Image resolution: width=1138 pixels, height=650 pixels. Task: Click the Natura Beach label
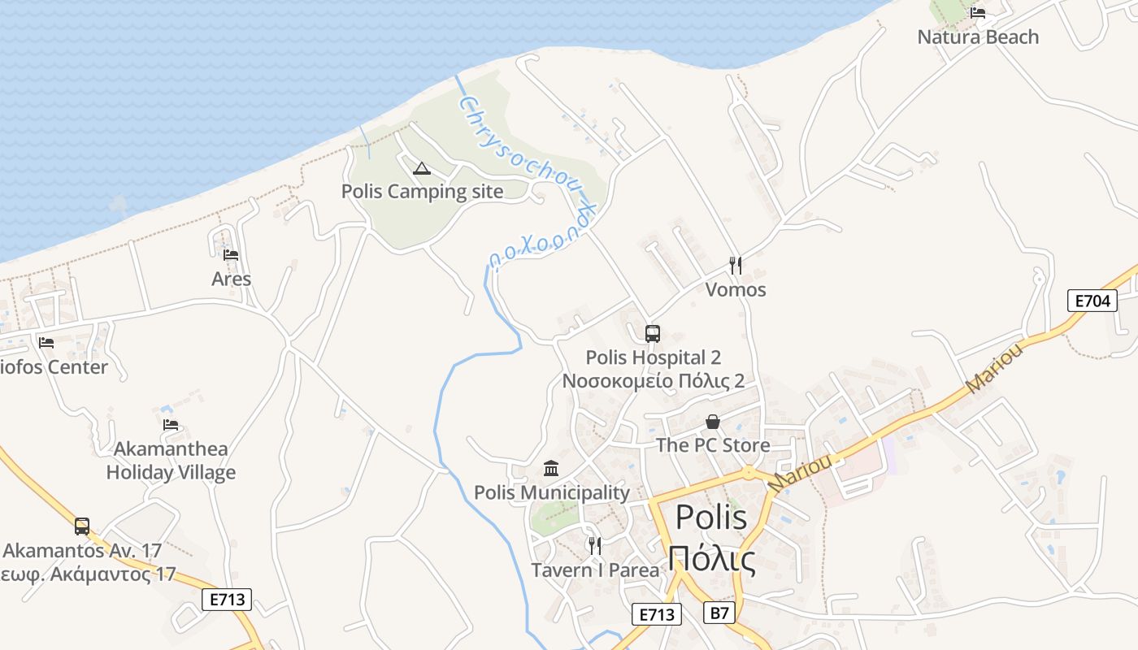click(978, 37)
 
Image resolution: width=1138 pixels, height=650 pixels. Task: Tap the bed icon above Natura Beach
click(978, 12)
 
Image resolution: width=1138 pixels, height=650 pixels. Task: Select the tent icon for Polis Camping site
click(421, 168)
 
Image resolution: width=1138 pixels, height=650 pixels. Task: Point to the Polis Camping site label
click(422, 192)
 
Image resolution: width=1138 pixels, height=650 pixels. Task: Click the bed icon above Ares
click(231, 255)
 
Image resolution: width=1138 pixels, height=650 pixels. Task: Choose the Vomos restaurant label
click(736, 289)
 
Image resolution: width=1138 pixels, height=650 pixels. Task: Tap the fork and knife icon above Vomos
click(736, 265)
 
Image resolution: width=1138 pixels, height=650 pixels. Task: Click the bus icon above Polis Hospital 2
click(653, 333)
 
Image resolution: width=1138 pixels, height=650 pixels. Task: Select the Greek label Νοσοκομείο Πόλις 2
click(654, 381)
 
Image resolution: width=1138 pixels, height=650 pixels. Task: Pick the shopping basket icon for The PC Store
click(713, 422)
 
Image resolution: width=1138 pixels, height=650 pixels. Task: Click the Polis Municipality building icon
click(551, 468)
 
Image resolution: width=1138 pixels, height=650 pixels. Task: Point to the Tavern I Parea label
click(595, 570)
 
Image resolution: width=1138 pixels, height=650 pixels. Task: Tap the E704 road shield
click(1092, 301)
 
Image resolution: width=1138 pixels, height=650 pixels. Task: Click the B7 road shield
click(719, 613)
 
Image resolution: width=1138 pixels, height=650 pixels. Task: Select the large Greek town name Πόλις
click(711, 558)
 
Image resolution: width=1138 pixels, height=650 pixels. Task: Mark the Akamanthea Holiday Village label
click(171, 461)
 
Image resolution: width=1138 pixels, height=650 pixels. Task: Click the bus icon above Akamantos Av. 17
click(82, 526)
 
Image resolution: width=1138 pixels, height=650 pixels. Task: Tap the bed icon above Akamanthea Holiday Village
click(171, 424)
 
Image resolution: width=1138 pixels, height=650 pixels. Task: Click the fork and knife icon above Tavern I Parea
click(595, 545)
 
